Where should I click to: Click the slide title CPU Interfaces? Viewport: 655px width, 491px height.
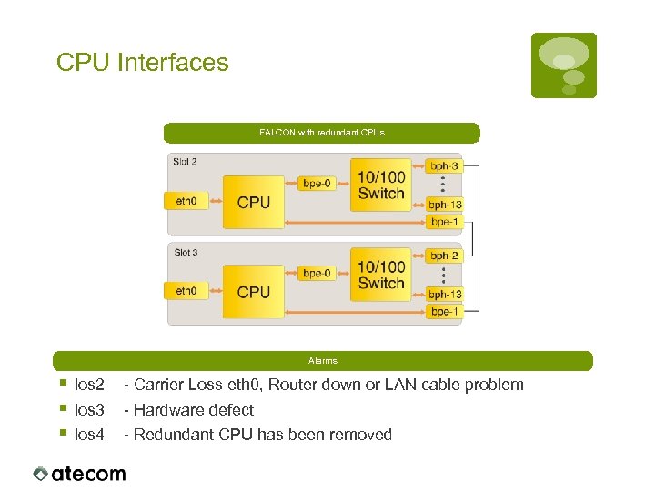pyautogui.click(x=142, y=63)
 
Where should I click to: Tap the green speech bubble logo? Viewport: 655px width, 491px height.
pyautogui.click(x=563, y=65)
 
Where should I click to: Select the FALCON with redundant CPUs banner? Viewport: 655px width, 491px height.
pyautogui.click(x=321, y=133)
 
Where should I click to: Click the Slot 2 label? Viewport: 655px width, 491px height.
pyautogui.click(x=186, y=161)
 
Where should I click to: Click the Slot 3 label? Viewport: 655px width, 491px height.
pyautogui.click(x=186, y=251)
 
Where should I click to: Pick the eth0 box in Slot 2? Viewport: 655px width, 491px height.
pyautogui.click(x=186, y=201)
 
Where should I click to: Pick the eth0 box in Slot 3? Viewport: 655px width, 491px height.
pyautogui.click(x=186, y=291)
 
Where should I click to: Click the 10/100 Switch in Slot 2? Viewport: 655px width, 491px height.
pyautogui.click(x=381, y=185)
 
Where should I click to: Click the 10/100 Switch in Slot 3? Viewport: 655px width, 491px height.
pyautogui.click(x=381, y=275)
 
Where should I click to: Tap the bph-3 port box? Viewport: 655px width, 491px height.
pyautogui.click(x=445, y=166)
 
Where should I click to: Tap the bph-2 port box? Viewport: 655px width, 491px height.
pyautogui.click(x=445, y=256)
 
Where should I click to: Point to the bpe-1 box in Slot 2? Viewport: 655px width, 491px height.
pyautogui.click(x=445, y=222)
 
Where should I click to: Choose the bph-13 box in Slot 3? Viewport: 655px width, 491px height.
pyautogui.click(x=445, y=294)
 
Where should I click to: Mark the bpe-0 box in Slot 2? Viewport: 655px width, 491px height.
pyautogui.click(x=317, y=183)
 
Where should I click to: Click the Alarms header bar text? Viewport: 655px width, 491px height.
pyautogui.click(x=322, y=361)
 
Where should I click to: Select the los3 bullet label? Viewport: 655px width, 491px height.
pyautogui.click(x=89, y=410)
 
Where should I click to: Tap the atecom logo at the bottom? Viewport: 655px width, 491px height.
pyautogui.click(x=79, y=473)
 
